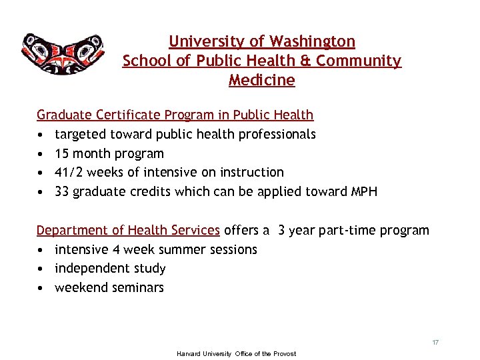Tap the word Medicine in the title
pos(261,81)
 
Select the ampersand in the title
pos(306,61)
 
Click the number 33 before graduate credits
pos(63,192)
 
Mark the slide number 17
pos(435,342)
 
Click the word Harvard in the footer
pos(189,353)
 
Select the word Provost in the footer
pos(284,353)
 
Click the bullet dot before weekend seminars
pos(41,288)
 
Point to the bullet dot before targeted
pos(41,134)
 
